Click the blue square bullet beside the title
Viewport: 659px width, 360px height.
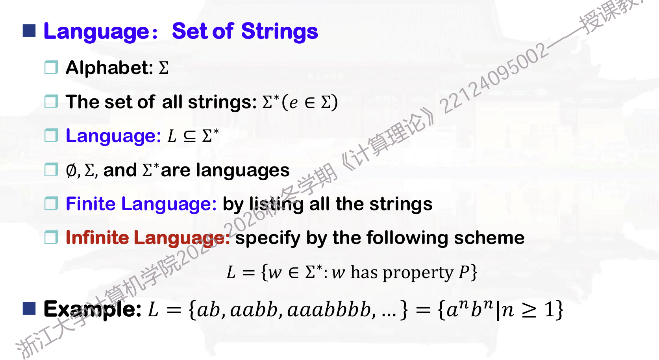[x=29, y=31]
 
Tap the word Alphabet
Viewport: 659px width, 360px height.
[x=109, y=68]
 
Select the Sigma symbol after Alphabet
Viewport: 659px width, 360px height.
[x=164, y=68]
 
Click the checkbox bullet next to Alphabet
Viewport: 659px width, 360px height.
[x=51, y=67]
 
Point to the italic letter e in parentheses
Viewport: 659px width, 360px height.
[x=293, y=103]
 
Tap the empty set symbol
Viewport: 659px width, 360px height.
[x=71, y=171]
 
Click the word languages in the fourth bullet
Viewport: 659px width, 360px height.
[x=243, y=171]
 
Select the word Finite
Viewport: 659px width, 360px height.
[x=91, y=203]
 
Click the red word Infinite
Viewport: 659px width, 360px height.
[x=97, y=237]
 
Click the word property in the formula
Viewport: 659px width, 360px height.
[x=418, y=273]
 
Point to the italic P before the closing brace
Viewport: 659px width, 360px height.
[x=464, y=272]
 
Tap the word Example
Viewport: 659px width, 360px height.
[x=93, y=309]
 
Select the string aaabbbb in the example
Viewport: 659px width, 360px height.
[x=329, y=310]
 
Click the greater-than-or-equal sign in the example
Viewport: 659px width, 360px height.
[x=529, y=311]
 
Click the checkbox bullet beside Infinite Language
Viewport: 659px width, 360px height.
[x=51, y=237]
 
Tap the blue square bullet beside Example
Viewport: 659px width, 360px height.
[x=29, y=308]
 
